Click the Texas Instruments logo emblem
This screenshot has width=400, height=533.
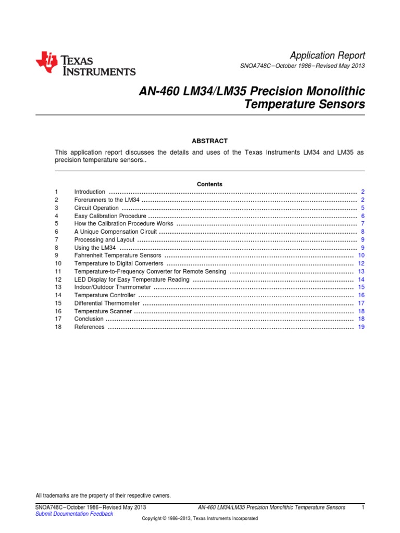(46, 63)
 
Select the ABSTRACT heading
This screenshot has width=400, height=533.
(210, 141)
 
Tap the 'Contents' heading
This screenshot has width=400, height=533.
(209, 184)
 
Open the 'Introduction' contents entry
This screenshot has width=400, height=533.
(90, 192)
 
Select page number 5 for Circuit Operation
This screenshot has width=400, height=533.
(362, 208)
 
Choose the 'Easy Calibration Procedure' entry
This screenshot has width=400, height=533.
(111, 216)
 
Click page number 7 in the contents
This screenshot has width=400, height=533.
(362, 224)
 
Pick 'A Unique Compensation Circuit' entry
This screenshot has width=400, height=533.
(116, 232)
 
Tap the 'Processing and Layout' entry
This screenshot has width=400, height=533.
(104, 240)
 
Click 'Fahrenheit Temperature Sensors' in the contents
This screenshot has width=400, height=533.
(118, 256)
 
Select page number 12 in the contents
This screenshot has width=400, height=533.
(361, 264)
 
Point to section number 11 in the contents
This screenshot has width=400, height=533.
(58, 272)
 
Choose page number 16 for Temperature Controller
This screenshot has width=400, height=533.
(361, 296)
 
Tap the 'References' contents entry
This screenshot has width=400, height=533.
(90, 327)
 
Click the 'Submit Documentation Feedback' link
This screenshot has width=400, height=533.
(74, 514)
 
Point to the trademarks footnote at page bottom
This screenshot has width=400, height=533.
(103, 496)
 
